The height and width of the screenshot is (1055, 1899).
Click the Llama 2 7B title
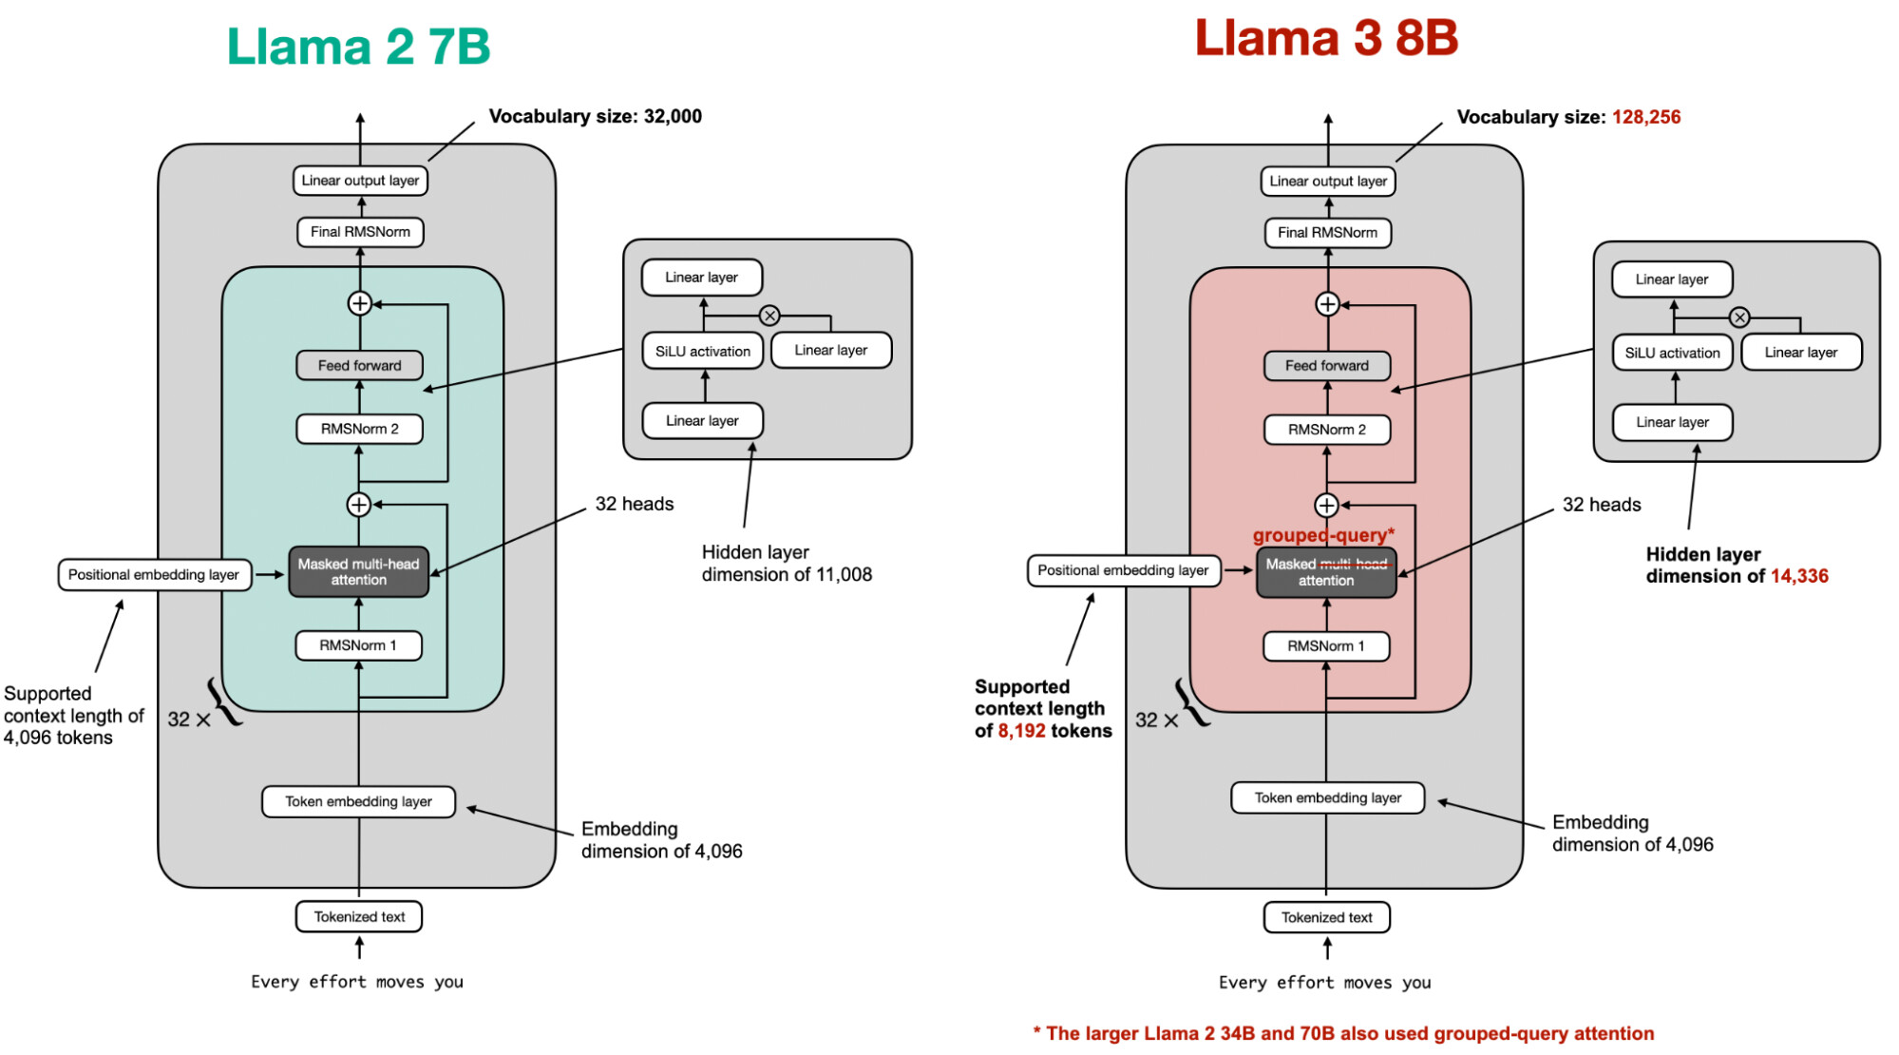[358, 46]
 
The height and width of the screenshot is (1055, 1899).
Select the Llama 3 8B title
[1326, 38]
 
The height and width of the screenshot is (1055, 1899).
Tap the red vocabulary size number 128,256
[1645, 117]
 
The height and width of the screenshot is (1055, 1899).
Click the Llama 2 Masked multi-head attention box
[358, 572]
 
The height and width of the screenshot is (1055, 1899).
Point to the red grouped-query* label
[1323, 535]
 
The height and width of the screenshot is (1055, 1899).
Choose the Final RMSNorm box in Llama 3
[1327, 233]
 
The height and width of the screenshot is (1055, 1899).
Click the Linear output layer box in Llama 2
[360, 181]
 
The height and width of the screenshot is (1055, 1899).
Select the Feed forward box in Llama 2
[359, 366]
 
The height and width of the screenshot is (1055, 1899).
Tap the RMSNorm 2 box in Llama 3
[1326, 430]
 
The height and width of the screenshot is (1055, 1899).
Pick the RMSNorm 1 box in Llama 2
[358, 645]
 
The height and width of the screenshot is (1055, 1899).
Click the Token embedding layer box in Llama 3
[1327, 798]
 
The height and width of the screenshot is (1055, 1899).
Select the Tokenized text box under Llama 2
[359, 917]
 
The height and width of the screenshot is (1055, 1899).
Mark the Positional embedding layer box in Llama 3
[1123, 570]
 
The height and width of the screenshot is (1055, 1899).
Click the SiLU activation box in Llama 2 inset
[702, 352]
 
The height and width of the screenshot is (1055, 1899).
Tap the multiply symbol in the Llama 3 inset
[1738, 317]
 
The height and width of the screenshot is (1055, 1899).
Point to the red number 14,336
[1799, 576]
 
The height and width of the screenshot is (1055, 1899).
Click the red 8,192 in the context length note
[1021, 731]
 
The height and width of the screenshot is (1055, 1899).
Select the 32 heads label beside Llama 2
[635, 504]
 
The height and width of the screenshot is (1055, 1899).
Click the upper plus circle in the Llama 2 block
[359, 303]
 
